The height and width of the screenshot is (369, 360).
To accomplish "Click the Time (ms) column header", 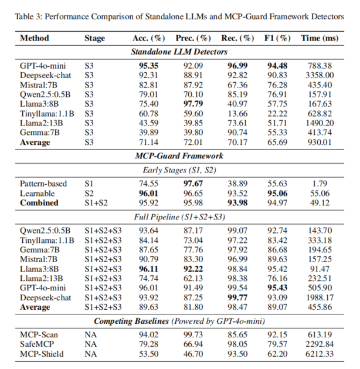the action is point(320,38).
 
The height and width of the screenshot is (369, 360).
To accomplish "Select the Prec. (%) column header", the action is point(193,38).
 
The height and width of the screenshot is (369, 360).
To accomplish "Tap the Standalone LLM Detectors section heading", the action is point(179,52).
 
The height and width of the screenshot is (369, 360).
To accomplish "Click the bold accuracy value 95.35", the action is point(148,66).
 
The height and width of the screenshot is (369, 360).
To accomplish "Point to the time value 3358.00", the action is point(320,75).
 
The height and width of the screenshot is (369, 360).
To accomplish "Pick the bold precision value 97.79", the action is point(193,104).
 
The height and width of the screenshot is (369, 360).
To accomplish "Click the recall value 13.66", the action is point(237,114).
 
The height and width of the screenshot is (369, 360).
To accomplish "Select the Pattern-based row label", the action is point(43,184).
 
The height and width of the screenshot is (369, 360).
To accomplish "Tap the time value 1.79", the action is point(320,184).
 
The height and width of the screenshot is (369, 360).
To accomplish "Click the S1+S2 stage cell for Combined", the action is point(96,203).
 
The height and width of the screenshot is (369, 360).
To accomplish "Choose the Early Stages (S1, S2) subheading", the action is point(179,170).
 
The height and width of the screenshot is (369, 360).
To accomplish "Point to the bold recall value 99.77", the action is point(237,297).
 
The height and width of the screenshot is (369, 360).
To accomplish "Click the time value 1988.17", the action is point(320,297).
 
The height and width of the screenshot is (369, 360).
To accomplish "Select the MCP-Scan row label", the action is point(39,334).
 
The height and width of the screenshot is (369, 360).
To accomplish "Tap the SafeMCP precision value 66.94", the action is point(193,344).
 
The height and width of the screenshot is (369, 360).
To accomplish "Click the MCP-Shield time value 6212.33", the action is point(320,354).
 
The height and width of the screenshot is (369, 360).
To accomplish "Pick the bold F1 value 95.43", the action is point(277,288).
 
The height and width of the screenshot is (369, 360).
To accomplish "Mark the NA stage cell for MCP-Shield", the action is point(90,354).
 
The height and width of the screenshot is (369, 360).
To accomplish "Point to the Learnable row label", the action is point(37,194).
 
